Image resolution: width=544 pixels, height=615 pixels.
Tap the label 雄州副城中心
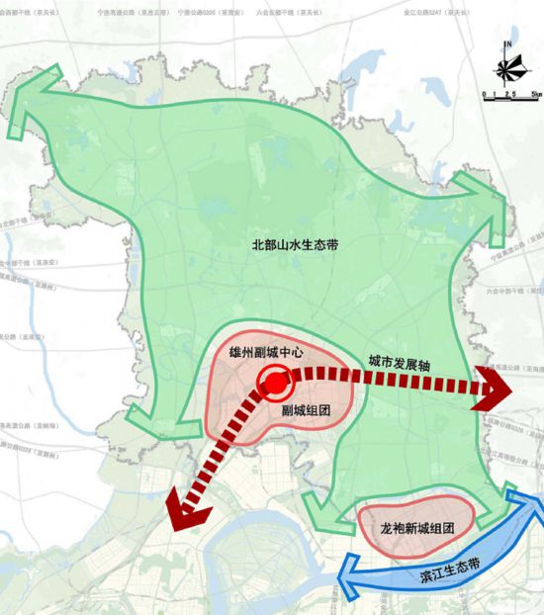[x=264, y=351]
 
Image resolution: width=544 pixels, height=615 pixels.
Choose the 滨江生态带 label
[x=439, y=570]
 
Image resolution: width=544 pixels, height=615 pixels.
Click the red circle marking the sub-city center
[x=272, y=381]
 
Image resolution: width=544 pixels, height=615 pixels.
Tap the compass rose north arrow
[x=506, y=68]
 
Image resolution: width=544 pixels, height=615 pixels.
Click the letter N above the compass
[x=506, y=44]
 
